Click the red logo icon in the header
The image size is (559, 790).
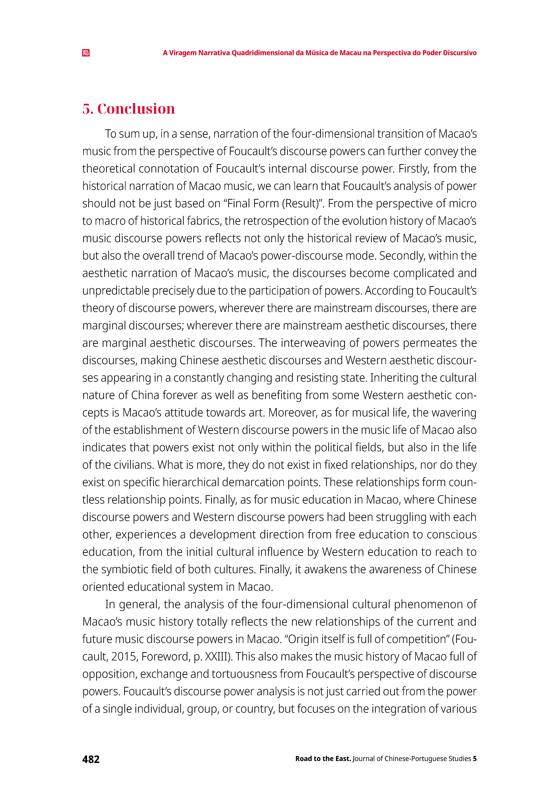point(86,53)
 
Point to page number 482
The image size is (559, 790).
point(91,759)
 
